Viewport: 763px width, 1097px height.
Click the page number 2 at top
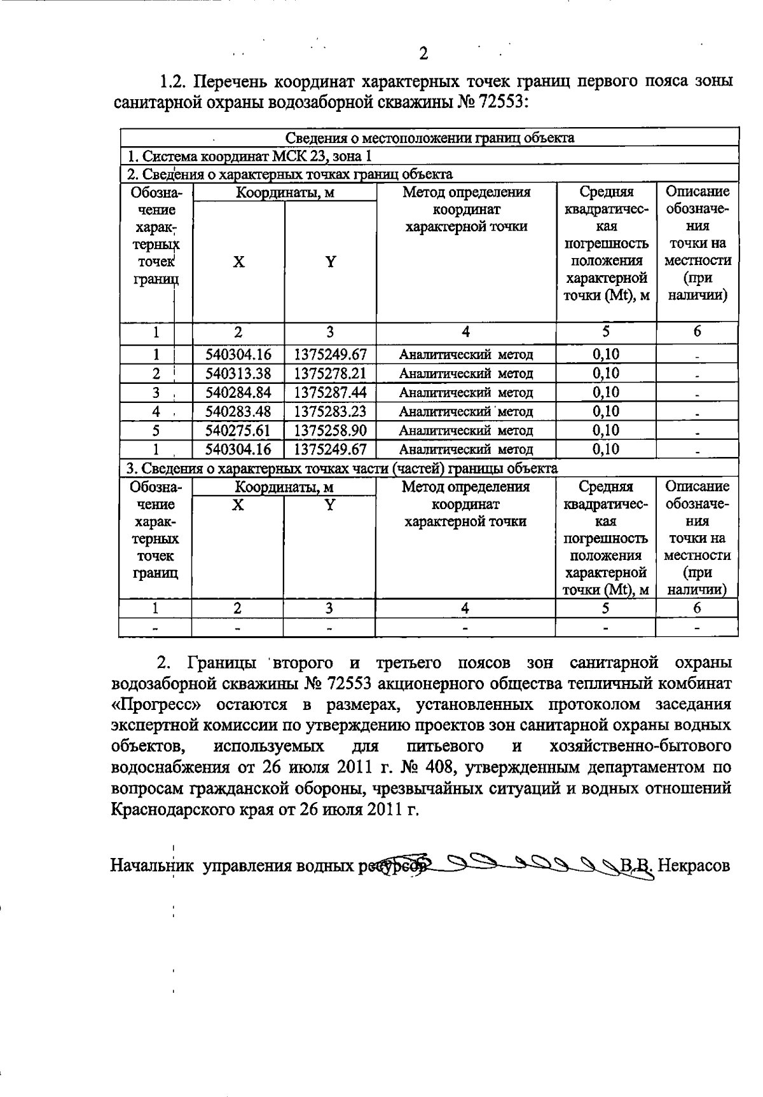point(423,53)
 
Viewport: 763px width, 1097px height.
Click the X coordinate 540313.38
point(238,374)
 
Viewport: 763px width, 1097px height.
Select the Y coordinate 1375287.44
point(330,393)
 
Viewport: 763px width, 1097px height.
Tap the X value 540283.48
point(238,412)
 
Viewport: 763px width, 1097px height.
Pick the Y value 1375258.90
point(330,431)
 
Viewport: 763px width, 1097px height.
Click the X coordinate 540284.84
point(238,393)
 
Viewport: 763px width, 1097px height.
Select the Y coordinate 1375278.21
point(330,374)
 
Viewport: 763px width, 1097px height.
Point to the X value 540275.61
point(238,431)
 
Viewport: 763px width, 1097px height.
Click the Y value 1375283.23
point(330,412)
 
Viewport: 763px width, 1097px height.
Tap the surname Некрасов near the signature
point(694,866)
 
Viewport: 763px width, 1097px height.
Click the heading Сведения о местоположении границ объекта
point(429,138)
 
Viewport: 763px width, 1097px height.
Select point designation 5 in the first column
point(155,431)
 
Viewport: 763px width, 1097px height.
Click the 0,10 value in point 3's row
point(605,393)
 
